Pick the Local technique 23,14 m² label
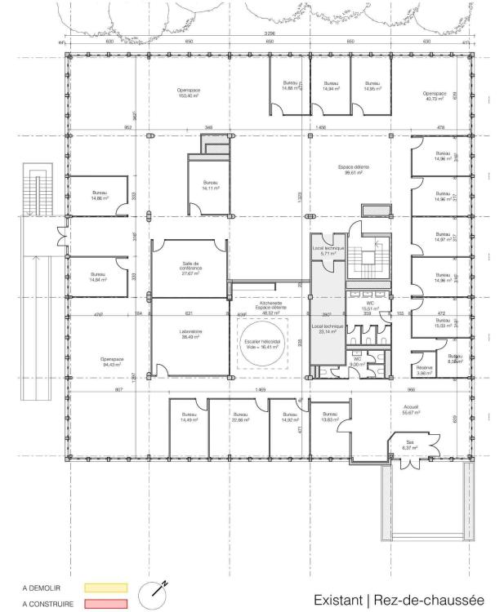pyautogui.click(x=327, y=330)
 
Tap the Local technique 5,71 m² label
pyautogui.click(x=329, y=251)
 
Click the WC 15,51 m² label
pyautogui.click(x=370, y=306)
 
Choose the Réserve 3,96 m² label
pyautogui.click(x=424, y=370)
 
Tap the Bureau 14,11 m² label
pyautogui.click(x=210, y=185)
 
